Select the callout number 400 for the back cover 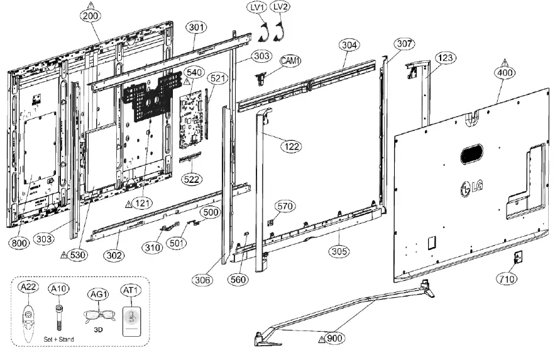pyautogui.click(x=506, y=72)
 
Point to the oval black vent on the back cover pyautogui.click(x=471, y=153)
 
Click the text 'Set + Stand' pyautogui.click(x=60, y=339)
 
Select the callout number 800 pyautogui.click(x=19, y=241)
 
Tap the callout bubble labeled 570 pyautogui.click(x=285, y=206)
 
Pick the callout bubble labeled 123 pyautogui.click(x=444, y=58)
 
